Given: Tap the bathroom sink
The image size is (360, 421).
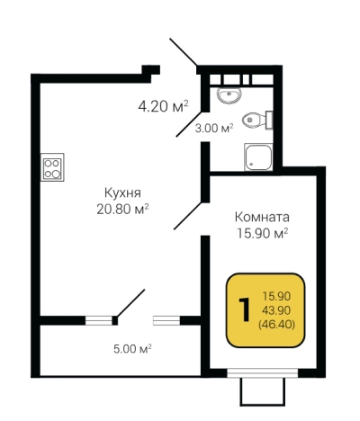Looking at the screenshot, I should coord(227,93).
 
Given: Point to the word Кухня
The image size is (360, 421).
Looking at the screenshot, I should coord(121,193).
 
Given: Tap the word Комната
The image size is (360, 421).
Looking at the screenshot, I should coord(262,217).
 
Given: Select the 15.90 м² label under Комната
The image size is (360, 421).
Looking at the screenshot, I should coord(262,234).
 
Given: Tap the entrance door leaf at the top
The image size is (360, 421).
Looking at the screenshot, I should coord(184,53).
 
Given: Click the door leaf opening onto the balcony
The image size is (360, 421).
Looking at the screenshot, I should coord(131,303).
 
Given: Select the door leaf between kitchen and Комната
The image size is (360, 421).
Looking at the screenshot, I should coord(187,217).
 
